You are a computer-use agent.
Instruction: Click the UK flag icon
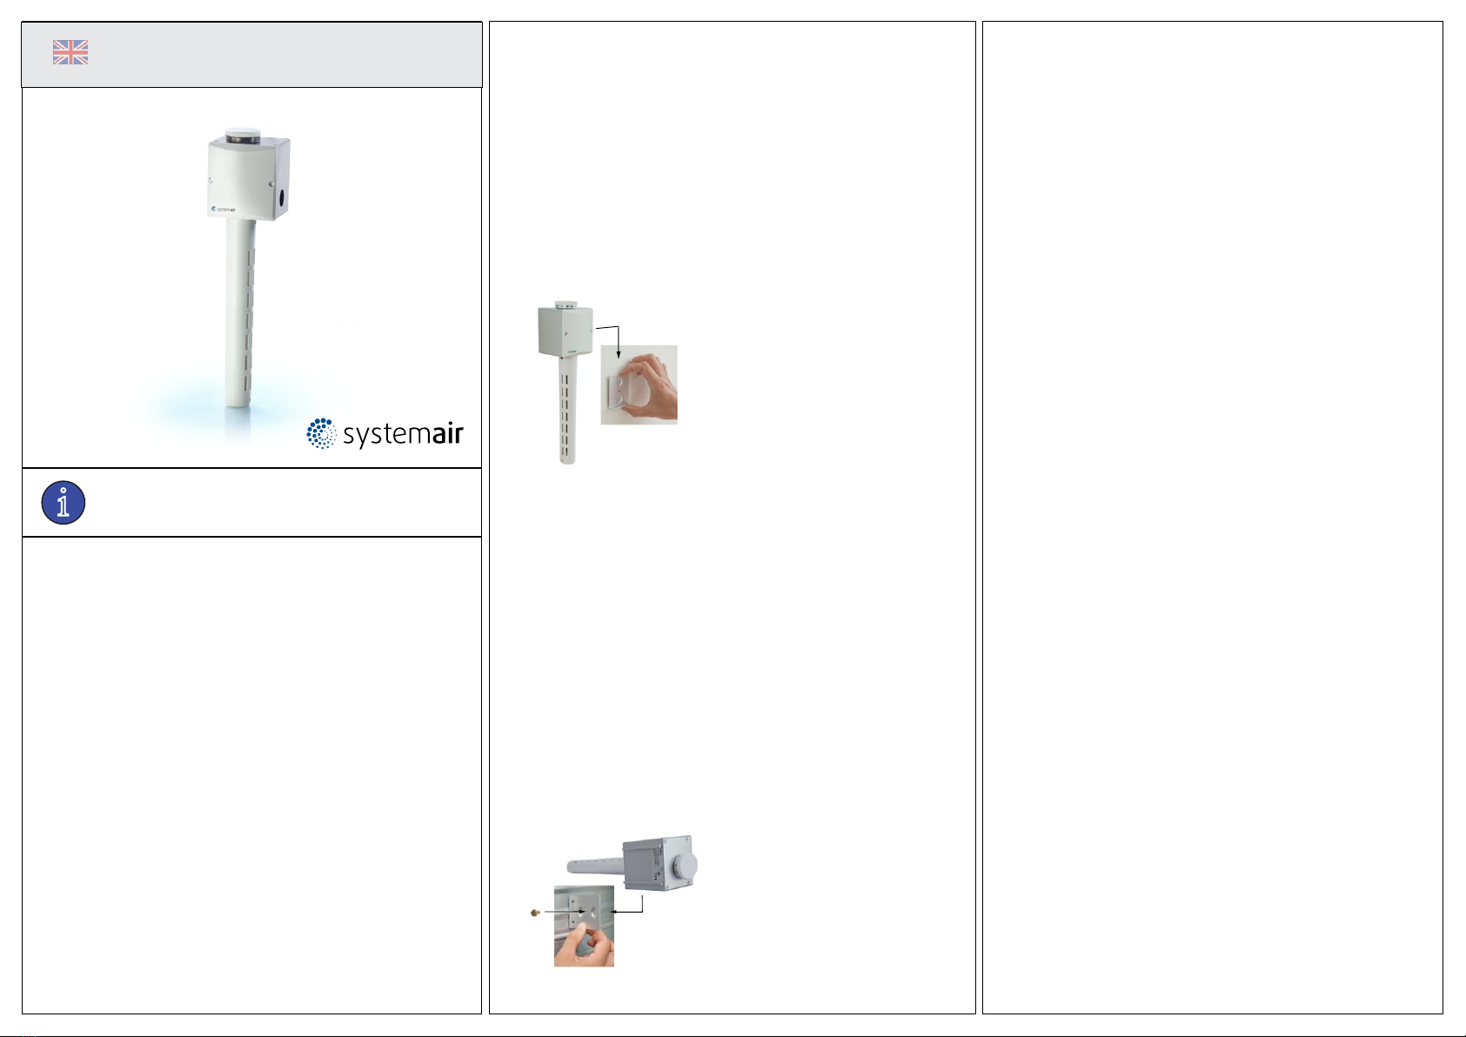coord(70,52)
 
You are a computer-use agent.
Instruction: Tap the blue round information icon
coord(64,503)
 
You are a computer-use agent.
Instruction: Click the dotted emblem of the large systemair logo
coord(321,433)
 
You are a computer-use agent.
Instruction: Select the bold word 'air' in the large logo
coord(448,433)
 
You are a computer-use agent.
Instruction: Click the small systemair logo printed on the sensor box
coord(224,210)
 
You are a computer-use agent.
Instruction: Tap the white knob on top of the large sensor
coord(243,136)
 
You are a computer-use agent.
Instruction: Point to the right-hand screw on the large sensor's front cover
coord(271,184)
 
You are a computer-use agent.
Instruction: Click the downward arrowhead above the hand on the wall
coord(619,354)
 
